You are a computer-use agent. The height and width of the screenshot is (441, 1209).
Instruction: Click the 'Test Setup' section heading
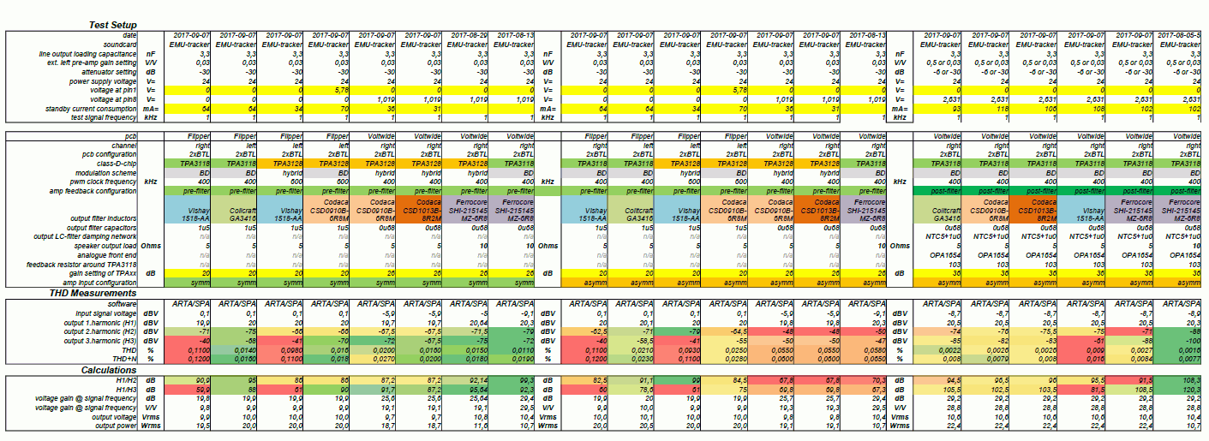click(x=113, y=25)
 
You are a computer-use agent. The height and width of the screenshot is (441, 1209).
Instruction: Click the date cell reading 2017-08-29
click(x=468, y=35)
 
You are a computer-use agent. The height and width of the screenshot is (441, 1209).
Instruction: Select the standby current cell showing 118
click(x=997, y=110)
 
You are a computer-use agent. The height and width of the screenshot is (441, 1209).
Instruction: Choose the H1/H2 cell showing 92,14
click(x=468, y=378)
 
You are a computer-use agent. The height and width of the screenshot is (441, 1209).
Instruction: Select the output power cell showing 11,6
click(x=468, y=426)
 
